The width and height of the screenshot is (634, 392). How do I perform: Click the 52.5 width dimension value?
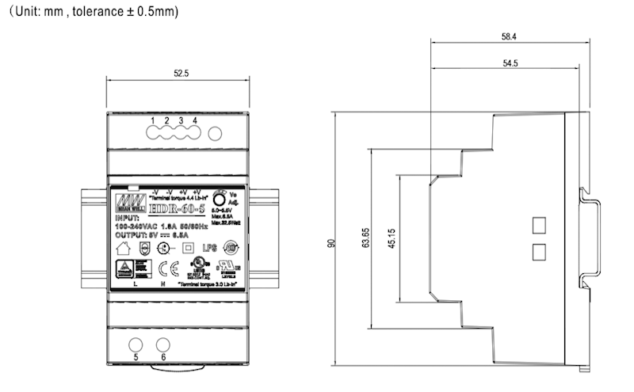tap(181, 74)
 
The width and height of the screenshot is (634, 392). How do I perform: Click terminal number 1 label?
tap(154, 120)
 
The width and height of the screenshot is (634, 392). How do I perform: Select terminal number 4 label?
tap(195, 120)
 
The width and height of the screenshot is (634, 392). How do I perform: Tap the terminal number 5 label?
tap(136, 358)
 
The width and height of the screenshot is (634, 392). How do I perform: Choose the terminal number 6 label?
tap(163, 358)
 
